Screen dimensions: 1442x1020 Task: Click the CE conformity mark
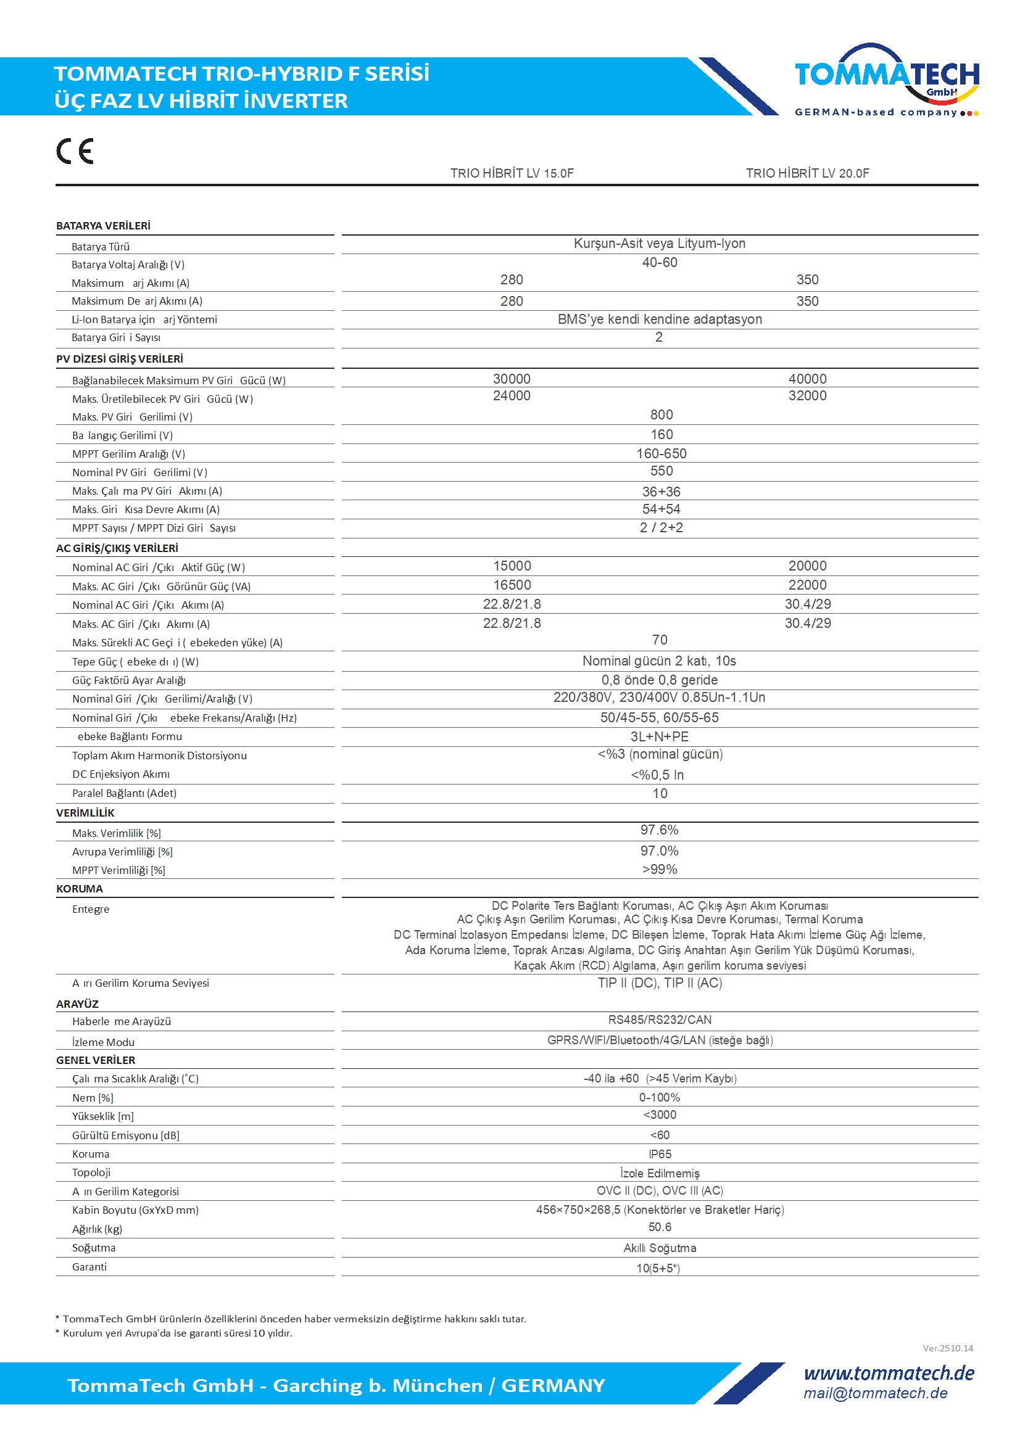pyautogui.click(x=75, y=151)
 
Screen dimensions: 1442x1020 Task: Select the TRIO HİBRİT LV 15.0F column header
pyautogui.click(x=512, y=173)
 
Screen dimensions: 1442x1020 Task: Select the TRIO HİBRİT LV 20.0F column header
pyautogui.click(x=807, y=173)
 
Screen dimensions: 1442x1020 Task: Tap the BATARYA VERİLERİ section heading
pyautogui.click(x=103, y=226)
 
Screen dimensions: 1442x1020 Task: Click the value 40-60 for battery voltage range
pyautogui.click(x=659, y=263)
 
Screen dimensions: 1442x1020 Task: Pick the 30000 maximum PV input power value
pyautogui.click(x=512, y=379)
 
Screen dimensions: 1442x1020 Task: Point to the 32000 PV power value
pyautogui.click(x=807, y=396)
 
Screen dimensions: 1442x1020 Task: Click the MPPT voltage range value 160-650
pyautogui.click(x=661, y=453)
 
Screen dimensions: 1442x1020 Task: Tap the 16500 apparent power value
pyautogui.click(x=512, y=585)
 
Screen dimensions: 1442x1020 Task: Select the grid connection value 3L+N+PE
pyautogui.click(x=659, y=736)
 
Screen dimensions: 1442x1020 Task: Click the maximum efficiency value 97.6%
pyautogui.click(x=659, y=830)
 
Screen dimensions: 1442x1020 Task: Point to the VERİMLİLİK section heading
pyautogui.click(x=86, y=813)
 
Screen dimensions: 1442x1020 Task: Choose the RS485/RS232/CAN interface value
pyautogui.click(x=659, y=1020)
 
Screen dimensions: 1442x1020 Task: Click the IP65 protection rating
pyautogui.click(x=659, y=1154)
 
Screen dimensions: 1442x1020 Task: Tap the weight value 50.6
pyautogui.click(x=659, y=1227)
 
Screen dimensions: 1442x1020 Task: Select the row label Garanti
pyautogui.click(x=89, y=1266)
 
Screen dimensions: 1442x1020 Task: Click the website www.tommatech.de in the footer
pyautogui.click(x=889, y=1373)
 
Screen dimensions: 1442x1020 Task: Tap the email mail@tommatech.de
pyautogui.click(x=875, y=1393)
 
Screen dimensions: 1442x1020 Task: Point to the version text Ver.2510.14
pyautogui.click(x=947, y=1348)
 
